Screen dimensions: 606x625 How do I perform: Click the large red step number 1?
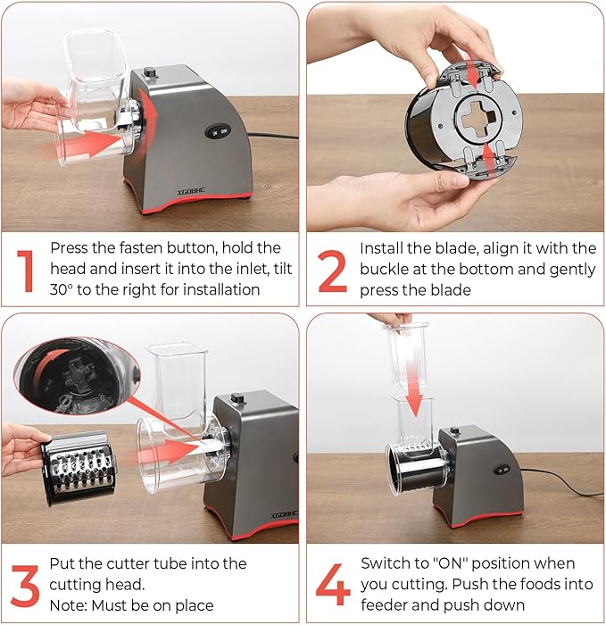(26, 271)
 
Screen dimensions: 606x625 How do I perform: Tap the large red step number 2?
(332, 271)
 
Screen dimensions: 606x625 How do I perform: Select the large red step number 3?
(25, 586)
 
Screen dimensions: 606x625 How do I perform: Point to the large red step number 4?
(333, 584)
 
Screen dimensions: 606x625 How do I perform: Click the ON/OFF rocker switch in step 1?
(219, 132)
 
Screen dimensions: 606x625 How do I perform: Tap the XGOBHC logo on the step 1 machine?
(191, 192)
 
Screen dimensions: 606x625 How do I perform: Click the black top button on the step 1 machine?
(150, 71)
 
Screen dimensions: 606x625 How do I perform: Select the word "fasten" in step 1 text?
(141, 248)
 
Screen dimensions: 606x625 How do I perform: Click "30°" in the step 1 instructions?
(62, 289)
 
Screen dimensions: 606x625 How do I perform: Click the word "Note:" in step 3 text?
(69, 605)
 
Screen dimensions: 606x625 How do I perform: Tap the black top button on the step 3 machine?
(238, 398)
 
